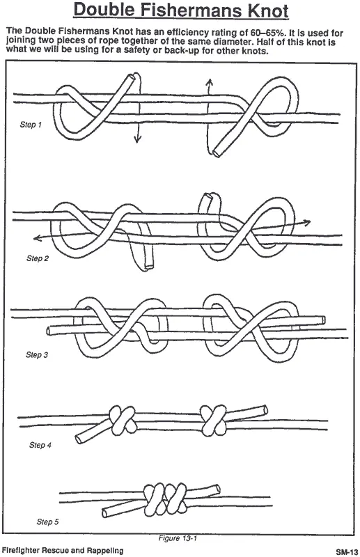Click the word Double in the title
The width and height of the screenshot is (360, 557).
(x=104, y=10)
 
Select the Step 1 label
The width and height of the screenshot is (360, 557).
(x=31, y=125)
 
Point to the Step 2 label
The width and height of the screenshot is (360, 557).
(x=38, y=258)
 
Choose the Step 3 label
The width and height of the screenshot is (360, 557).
(x=37, y=354)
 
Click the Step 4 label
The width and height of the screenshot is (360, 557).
(x=40, y=445)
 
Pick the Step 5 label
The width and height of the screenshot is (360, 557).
(x=47, y=521)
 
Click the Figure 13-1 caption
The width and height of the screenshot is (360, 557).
(x=178, y=538)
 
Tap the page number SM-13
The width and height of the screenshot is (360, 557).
(x=347, y=551)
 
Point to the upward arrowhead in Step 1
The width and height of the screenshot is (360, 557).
(x=210, y=82)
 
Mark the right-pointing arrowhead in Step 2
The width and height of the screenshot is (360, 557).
(x=306, y=222)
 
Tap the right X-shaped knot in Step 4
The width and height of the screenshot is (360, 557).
(x=213, y=421)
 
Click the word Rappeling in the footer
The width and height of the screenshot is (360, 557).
(x=106, y=551)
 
